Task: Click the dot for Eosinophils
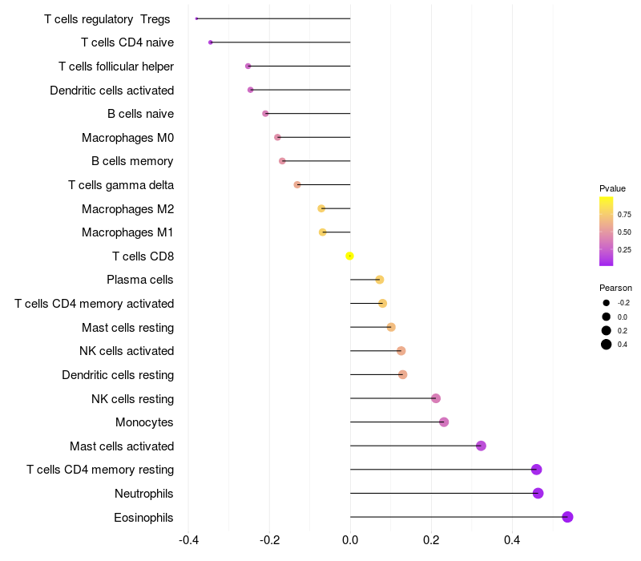tap(567, 517)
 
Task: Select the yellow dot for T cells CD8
tap(349, 256)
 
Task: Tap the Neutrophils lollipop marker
tap(538, 493)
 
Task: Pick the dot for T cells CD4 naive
tap(210, 42)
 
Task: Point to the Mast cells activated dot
tap(481, 446)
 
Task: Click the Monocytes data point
tap(444, 422)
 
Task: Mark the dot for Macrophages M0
tap(277, 137)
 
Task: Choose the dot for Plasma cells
tap(380, 280)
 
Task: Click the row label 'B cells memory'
tap(132, 161)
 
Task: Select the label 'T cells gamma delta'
tap(121, 185)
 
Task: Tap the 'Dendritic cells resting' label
tap(118, 374)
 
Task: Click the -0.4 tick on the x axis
tap(188, 540)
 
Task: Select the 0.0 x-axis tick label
tap(350, 540)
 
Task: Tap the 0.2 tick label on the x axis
tap(431, 540)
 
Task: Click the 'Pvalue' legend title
tap(612, 188)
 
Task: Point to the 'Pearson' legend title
tap(615, 288)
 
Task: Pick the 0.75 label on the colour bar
tap(624, 215)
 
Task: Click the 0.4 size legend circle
tap(607, 345)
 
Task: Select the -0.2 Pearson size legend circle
tap(607, 303)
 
